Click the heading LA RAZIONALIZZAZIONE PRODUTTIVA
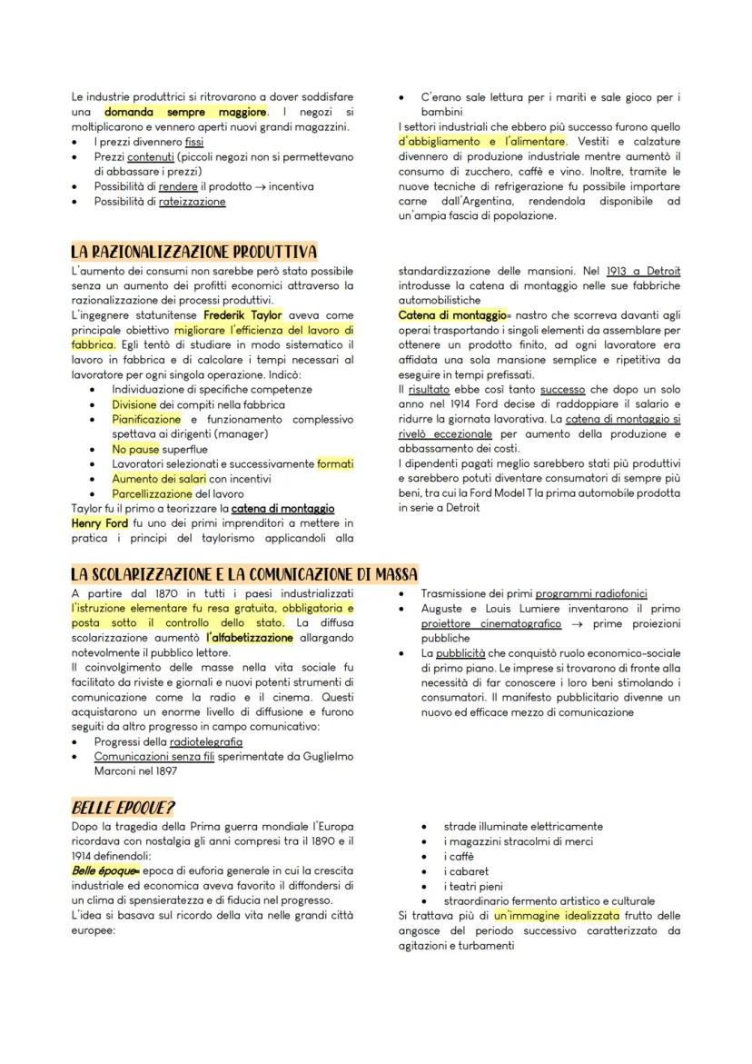coord(194,252)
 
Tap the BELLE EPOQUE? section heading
coord(123,807)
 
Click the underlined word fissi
coord(194,142)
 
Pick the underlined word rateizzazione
coord(193,202)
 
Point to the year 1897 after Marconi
coord(164,771)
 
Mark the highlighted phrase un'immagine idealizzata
coord(557,916)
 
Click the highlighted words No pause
coord(135,449)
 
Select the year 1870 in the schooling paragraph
coord(169,593)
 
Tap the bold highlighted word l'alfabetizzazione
coord(250,638)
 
